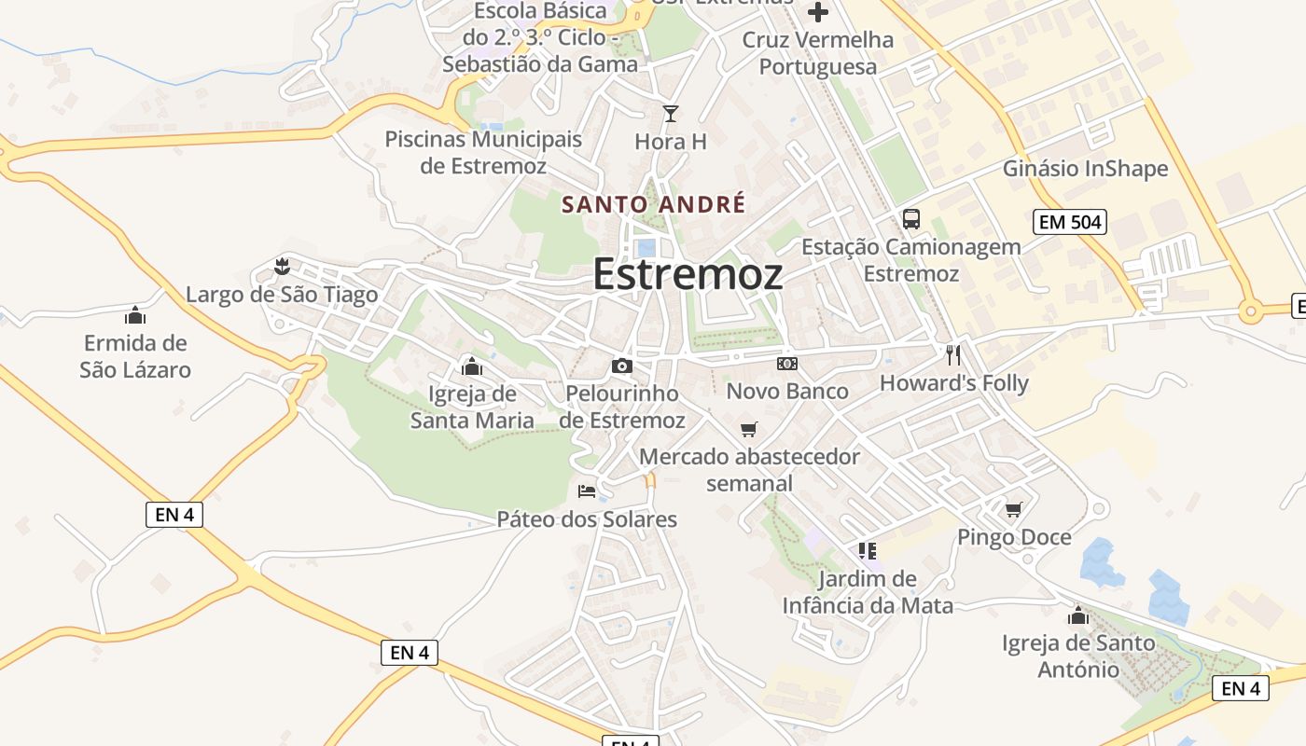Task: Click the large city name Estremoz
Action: point(688,274)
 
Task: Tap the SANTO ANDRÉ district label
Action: point(653,204)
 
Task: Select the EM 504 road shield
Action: point(1069,222)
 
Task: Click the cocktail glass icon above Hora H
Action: point(670,114)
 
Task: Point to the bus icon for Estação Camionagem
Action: point(910,219)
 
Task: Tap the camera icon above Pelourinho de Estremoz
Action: point(622,366)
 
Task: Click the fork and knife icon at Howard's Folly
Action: point(952,355)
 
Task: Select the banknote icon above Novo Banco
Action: point(786,363)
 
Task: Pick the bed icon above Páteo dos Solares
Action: point(587,490)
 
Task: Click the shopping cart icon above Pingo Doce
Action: point(1013,509)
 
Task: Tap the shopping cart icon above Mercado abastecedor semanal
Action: point(748,429)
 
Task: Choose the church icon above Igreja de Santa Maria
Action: point(472,366)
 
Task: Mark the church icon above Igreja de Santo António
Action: point(1078,615)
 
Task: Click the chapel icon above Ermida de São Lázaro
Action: point(135,315)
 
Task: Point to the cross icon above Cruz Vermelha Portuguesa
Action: point(818,12)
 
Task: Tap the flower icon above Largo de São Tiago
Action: point(281,268)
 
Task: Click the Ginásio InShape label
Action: point(1085,169)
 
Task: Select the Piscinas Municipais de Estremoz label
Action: point(483,153)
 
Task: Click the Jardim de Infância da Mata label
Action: point(868,592)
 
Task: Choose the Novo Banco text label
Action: point(787,391)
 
